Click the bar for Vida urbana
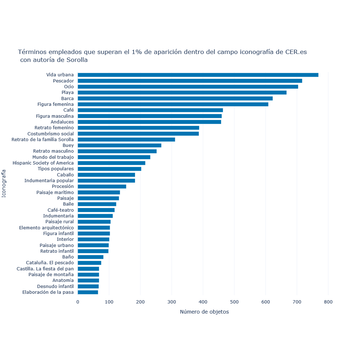pyautogui.click(x=198, y=75)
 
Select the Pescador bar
pyautogui.click(x=190, y=81)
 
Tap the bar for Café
pyautogui.click(x=150, y=110)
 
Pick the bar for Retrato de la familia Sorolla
pyautogui.click(x=126, y=139)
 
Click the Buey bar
pyautogui.click(x=120, y=145)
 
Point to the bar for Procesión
pyautogui.click(x=102, y=186)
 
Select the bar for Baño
pyautogui.click(x=90, y=257)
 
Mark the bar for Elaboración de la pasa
pyautogui.click(x=88, y=292)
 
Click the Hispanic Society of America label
pyautogui.click(x=43, y=163)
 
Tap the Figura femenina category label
pyautogui.click(x=56, y=104)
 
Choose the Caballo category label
pyautogui.click(x=65, y=175)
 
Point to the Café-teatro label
pyautogui.click(x=60, y=210)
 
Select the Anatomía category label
pyautogui.click(x=63, y=280)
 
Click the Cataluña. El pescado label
pyautogui.click(x=50, y=263)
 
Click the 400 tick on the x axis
pyautogui.click(x=203, y=302)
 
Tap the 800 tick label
pyautogui.click(x=328, y=302)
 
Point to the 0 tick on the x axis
pyautogui.click(x=78, y=302)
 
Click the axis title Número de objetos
pyautogui.click(x=204, y=312)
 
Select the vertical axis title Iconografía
pyautogui.click(x=4, y=184)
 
